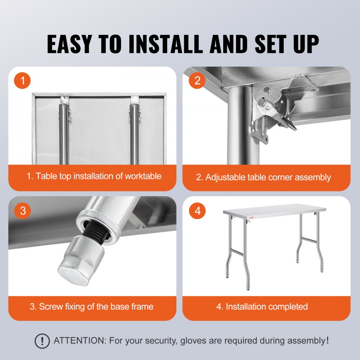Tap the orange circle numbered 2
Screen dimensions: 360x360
click(197, 81)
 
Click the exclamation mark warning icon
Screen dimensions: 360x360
click(42, 341)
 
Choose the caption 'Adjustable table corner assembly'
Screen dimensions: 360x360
click(263, 177)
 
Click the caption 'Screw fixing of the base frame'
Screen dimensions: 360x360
click(91, 307)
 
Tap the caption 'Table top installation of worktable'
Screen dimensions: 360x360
click(94, 176)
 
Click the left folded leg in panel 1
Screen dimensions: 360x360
click(64, 133)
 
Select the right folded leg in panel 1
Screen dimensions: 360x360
click(134, 133)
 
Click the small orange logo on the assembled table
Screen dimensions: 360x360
click(251, 217)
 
